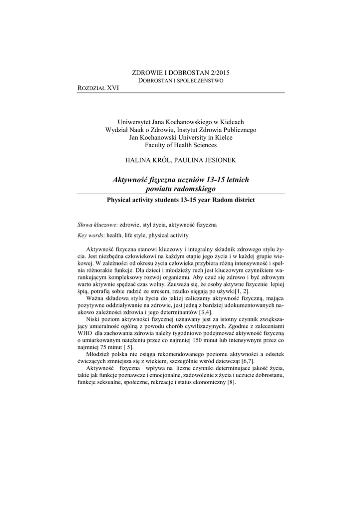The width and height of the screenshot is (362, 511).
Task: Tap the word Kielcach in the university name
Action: [x=232, y=122]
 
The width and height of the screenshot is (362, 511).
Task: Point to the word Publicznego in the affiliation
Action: [x=239, y=130]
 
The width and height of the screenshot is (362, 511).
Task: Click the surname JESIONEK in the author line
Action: [x=215, y=160]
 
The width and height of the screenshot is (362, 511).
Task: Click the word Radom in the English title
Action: [x=221, y=200]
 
